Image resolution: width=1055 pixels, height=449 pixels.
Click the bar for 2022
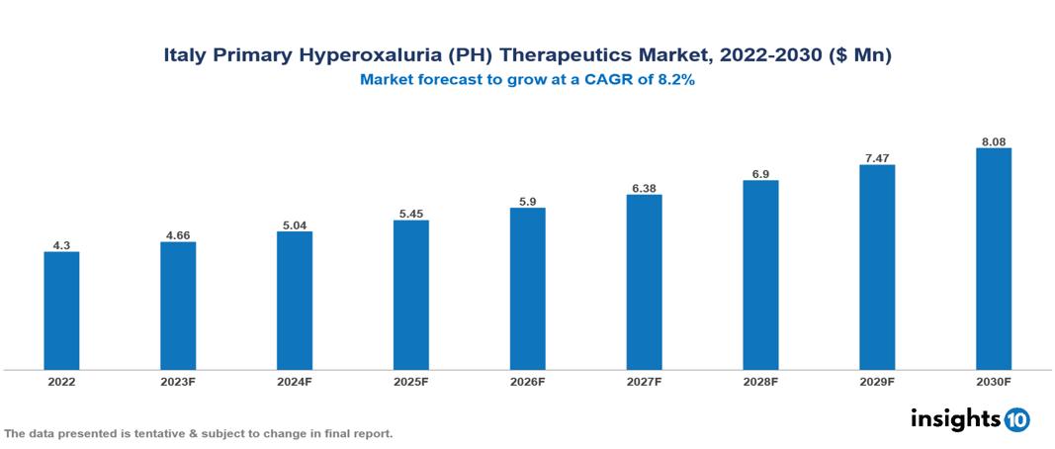61,311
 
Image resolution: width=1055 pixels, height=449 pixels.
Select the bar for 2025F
410,295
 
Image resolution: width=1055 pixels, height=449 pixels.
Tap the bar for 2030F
993,259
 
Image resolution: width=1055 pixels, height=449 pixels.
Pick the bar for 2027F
644,282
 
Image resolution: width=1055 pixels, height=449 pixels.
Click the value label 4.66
178,234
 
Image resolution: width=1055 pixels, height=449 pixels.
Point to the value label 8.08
993,141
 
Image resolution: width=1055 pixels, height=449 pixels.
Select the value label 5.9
527,201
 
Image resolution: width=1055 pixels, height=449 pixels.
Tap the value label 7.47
877,157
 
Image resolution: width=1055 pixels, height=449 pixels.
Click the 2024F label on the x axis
295,382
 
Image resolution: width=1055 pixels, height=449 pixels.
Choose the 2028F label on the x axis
760,382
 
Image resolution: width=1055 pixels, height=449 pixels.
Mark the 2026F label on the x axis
527,382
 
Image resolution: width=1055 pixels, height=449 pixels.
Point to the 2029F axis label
877,382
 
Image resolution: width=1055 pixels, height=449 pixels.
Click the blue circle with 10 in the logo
1016,420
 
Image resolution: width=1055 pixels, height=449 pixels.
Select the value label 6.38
644,187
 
